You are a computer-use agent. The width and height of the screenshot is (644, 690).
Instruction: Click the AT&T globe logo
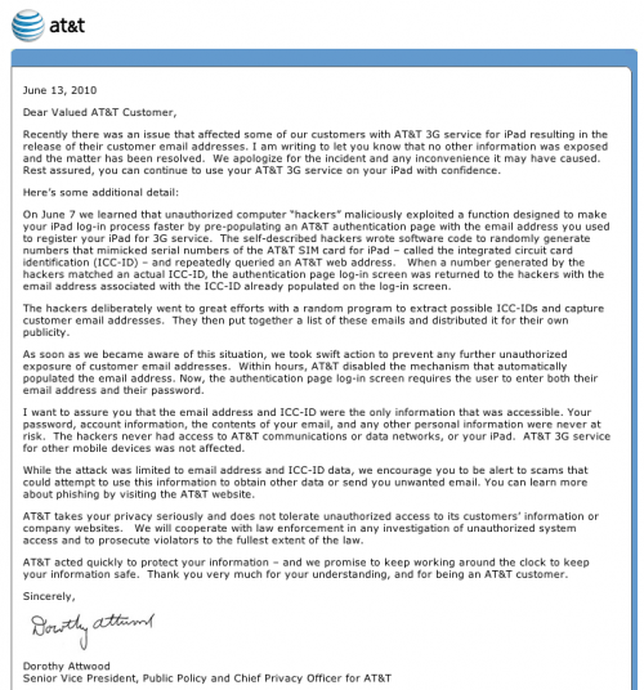(27, 25)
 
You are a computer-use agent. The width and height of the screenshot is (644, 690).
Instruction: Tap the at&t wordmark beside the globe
(67, 25)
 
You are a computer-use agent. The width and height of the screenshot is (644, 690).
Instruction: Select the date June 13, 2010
(60, 90)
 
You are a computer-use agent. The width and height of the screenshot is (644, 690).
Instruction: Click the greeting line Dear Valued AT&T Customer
(99, 112)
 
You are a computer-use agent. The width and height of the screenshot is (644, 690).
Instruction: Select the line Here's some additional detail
(101, 193)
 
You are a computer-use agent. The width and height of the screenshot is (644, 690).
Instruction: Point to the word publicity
(45, 333)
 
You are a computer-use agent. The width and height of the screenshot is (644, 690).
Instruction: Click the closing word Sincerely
(49, 596)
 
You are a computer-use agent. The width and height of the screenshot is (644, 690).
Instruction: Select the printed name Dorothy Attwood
(66, 666)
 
